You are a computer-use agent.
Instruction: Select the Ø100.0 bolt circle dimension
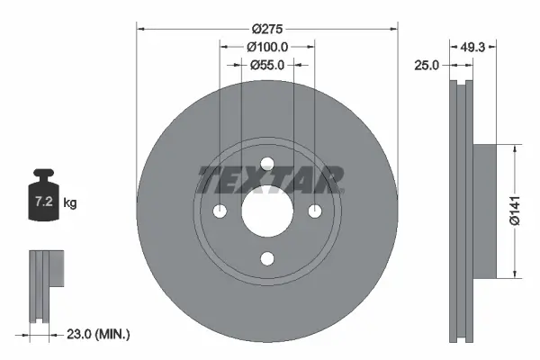(266, 46)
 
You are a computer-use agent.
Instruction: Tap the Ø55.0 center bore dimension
(266, 65)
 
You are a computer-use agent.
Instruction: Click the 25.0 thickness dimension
(427, 65)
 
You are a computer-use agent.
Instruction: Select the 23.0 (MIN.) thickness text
(100, 334)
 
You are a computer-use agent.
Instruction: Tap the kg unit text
(70, 203)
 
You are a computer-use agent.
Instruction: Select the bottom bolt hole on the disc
(266, 258)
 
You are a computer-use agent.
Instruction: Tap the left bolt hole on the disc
(220, 211)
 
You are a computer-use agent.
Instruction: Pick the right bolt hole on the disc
(314, 211)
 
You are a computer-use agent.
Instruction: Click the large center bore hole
(266, 211)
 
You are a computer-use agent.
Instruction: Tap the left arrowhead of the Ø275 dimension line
(139, 28)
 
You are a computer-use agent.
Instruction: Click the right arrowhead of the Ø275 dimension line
(393, 28)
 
